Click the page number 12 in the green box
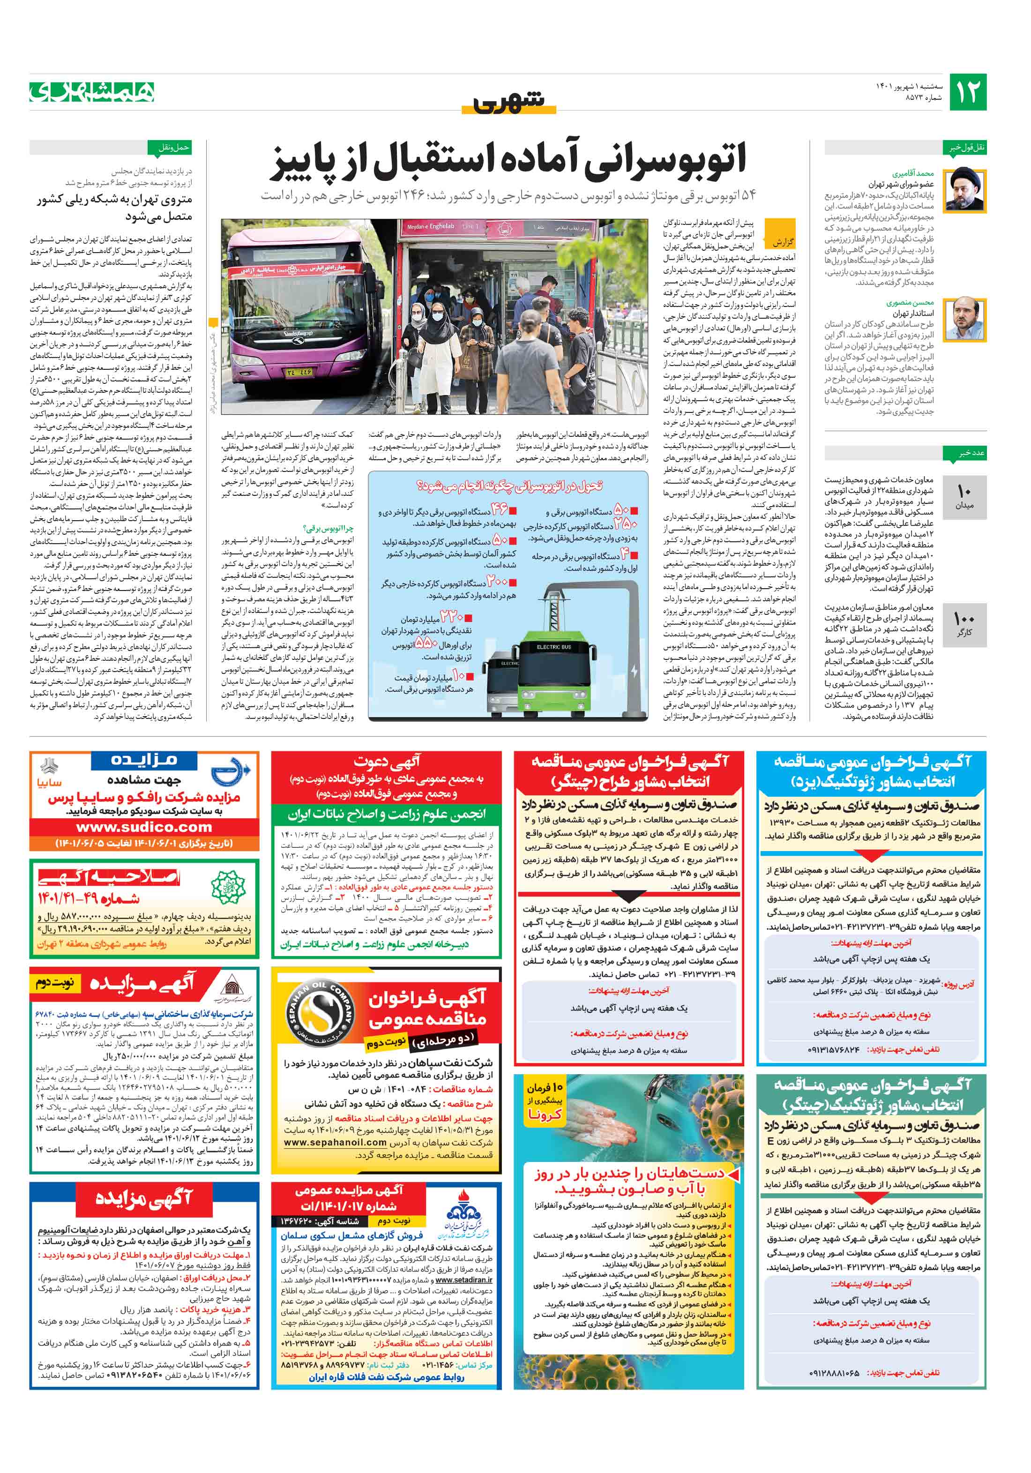coord(967,92)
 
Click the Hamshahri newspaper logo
coord(92,92)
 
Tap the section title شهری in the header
coord(509,101)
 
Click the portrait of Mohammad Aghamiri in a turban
coord(967,190)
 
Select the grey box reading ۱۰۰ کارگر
coord(964,624)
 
